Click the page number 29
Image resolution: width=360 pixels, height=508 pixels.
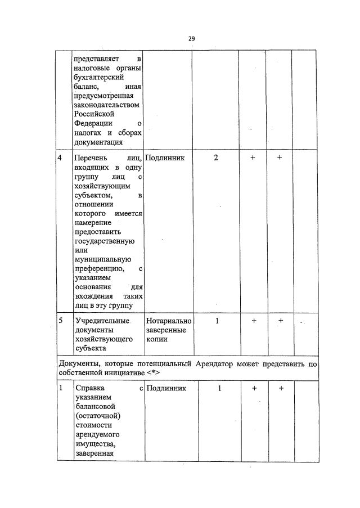pyautogui.click(x=191, y=39)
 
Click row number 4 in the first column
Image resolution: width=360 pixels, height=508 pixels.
pyautogui.click(x=60, y=158)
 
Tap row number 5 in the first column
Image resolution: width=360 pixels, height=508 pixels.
pyautogui.click(x=60, y=320)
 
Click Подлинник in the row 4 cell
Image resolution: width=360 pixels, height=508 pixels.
pyautogui.click(x=165, y=158)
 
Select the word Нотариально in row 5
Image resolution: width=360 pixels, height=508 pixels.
pyautogui.click(x=169, y=320)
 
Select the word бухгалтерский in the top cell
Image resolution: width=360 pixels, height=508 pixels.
pyautogui.click(x=98, y=78)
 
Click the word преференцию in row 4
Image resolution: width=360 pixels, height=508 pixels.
pyautogui.click(x=102, y=269)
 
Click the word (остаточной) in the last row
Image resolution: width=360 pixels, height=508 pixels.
pyautogui.click(x=98, y=415)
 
